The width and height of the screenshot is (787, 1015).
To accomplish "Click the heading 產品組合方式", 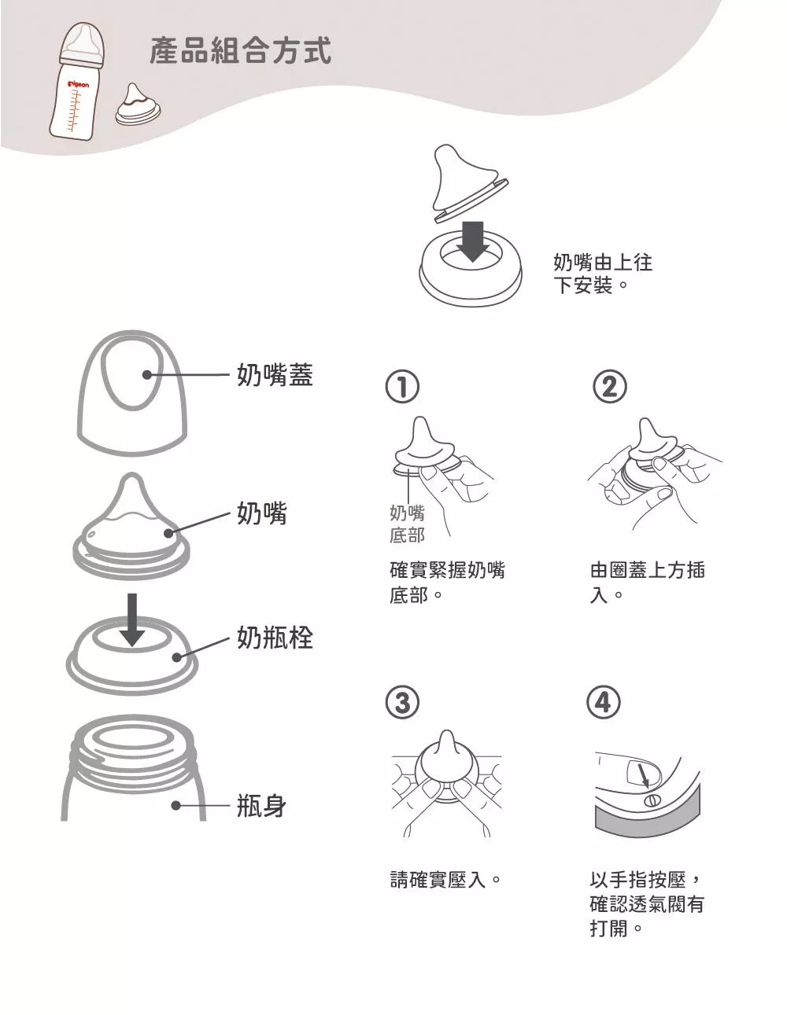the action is pyautogui.click(x=240, y=51).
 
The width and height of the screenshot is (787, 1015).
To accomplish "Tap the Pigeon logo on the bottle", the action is pyautogui.click(x=78, y=85).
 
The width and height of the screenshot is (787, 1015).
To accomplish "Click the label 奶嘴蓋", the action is pyautogui.click(x=275, y=374).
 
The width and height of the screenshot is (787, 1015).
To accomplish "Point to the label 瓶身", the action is pyautogui.click(x=261, y=806).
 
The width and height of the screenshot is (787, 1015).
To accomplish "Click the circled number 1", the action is pyautogui.click(x=402, y=387).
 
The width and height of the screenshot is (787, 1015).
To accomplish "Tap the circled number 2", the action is pyautogui.click(x=609, y=387).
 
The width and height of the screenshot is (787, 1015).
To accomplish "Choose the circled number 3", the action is pyautogui.click(x=402, y=703).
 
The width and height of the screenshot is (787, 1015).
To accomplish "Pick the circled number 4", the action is pyautogui.click(x=604, y=702).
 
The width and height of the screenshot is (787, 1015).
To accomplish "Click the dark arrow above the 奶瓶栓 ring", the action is pyautogui.click(x=133, y=620).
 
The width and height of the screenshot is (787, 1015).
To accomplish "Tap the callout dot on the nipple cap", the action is pyautogui.click(x=147, y=374).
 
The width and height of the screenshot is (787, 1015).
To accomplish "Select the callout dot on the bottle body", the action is pyautogui.click(x=176, y=806).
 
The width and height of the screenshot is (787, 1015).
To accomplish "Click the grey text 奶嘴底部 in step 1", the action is pyautogui.click(x=407, y=524).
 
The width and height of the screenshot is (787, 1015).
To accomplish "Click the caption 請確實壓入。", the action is pyautogui.click(x=445, y=881).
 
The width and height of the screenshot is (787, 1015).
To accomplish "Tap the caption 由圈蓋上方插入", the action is pyautogui.click(x=647, y=583).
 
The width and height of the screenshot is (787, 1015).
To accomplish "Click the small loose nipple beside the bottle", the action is pyautogui.click(x=139, y=105).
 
